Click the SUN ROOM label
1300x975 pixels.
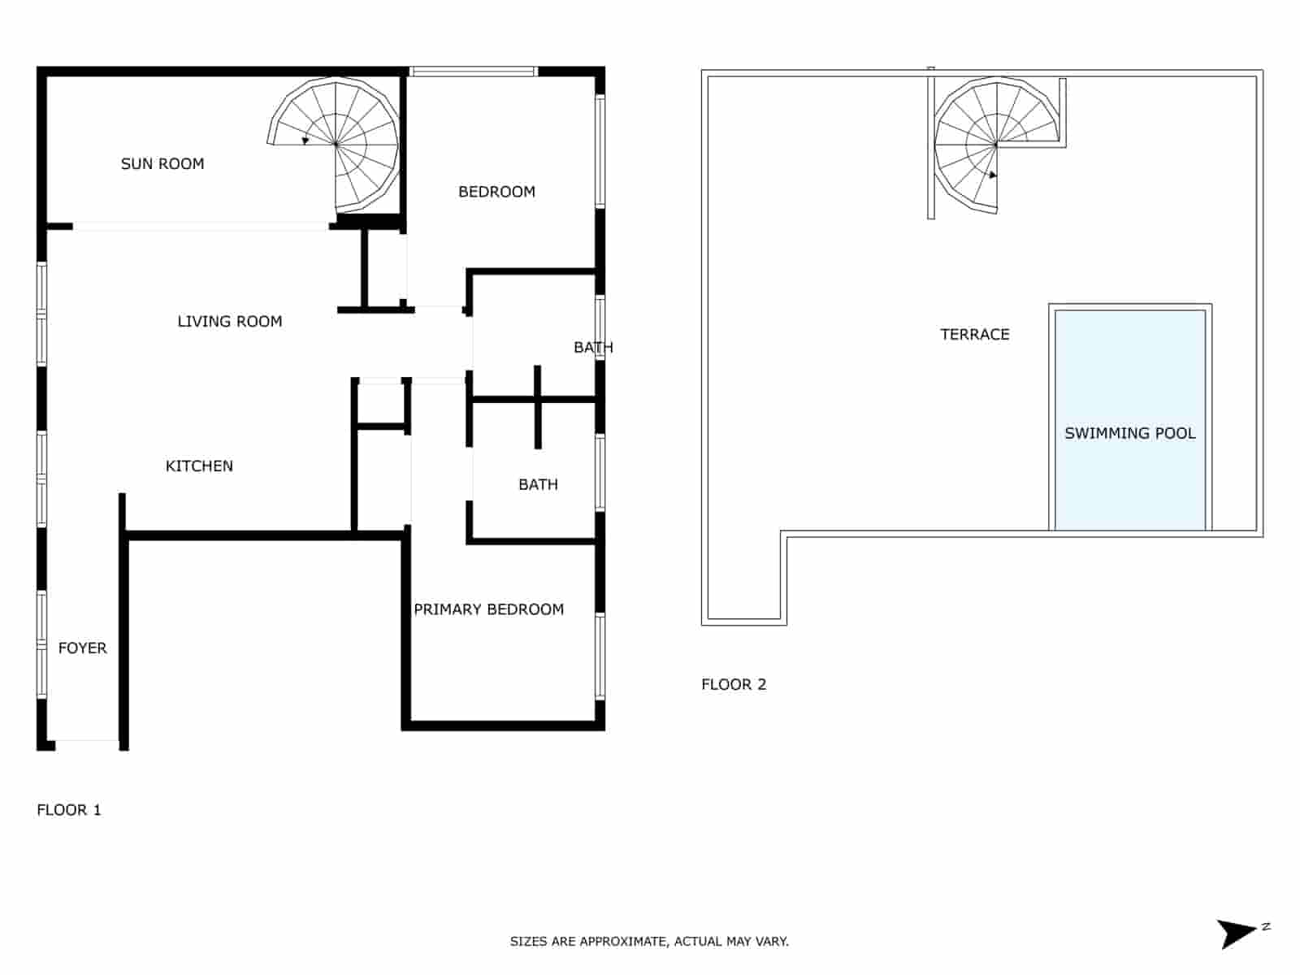(162, 164)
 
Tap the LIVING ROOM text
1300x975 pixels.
(230, 322)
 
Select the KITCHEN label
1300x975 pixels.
(199, 466)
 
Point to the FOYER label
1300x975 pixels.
(83, 648)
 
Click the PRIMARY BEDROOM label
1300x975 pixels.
(488, 609)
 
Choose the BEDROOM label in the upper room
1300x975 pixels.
(496, 192)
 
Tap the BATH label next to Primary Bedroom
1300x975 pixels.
(538, 485)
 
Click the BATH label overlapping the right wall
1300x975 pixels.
(593, 348)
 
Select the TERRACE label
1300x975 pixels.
(974, 335)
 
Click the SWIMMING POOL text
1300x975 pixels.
(1129, 434)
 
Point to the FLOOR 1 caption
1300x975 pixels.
(69, 810)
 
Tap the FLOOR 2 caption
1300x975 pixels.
(734, 685)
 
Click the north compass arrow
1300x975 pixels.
(1237, 933)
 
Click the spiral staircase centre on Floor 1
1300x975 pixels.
(336, 145)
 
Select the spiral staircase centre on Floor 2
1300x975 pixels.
(996, 145)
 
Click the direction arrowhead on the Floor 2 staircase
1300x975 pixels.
(992, 175)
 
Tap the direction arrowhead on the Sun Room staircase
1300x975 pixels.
(305, 141)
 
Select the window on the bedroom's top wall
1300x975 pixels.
(473, 71)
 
